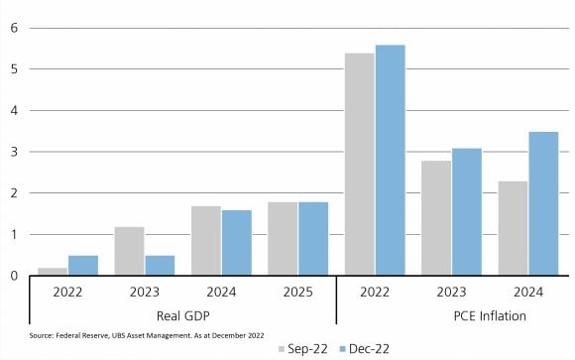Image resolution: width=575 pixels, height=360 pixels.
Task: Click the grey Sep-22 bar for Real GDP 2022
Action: [54, 271]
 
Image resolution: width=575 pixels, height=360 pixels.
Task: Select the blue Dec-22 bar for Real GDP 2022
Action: [82, 265]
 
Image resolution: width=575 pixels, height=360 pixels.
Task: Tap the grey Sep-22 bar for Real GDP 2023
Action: [129, 251]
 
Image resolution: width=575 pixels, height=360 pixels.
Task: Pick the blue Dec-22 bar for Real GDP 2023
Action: [159, 265]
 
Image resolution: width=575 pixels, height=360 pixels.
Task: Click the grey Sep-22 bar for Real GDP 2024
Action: [205, 240]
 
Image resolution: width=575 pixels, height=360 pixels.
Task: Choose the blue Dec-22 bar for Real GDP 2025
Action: [312, 238]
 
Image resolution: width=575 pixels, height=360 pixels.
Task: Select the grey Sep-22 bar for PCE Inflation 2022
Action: [359, 164]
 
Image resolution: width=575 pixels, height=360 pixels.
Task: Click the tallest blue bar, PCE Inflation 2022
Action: [390, 160]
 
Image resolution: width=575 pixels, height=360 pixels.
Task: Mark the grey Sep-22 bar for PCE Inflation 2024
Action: [513, 227]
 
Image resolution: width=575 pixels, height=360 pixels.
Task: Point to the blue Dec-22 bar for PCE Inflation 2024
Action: [542, 203]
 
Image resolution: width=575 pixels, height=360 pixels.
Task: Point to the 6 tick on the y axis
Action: [14, 28]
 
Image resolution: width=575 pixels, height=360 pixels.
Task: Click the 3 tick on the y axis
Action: [14, 152]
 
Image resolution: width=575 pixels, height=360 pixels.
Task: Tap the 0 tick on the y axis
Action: [14, 276]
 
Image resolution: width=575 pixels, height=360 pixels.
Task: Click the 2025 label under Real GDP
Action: [297, 295]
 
